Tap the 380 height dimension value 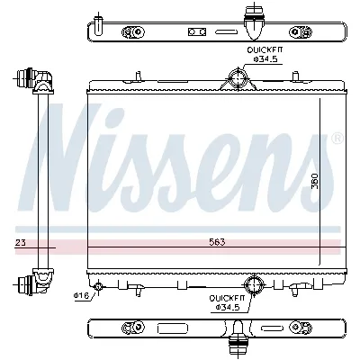point(314,181)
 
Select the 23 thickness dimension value point(20,243)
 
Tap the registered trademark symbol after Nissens point(337,139)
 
